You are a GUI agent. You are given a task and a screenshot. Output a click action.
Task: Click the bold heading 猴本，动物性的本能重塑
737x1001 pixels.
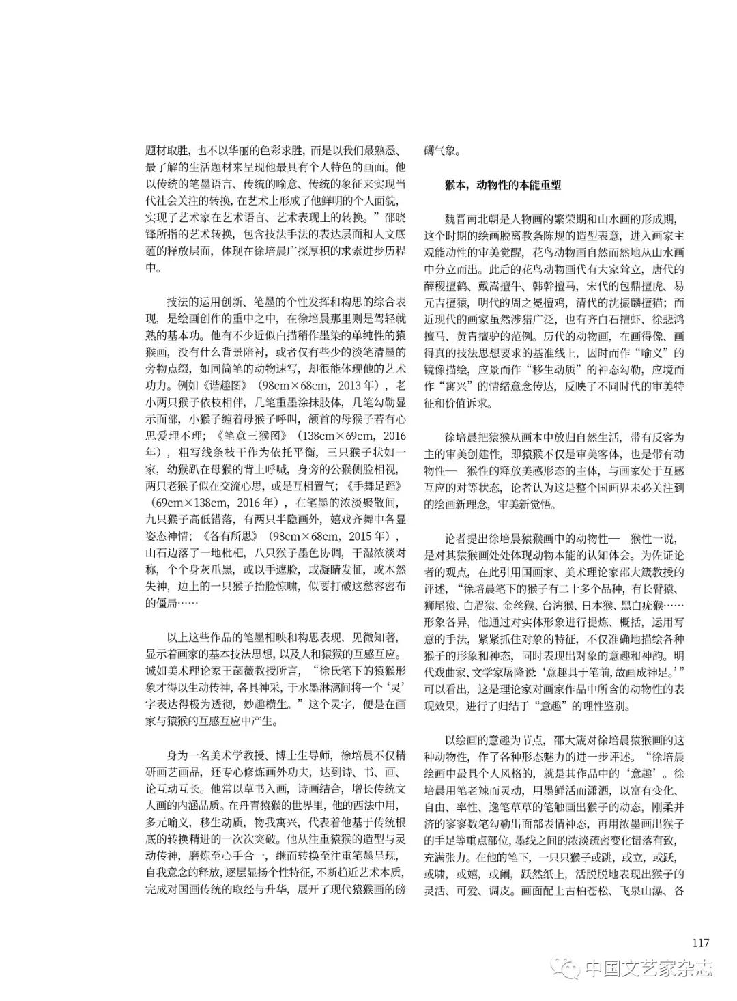coord(502,184)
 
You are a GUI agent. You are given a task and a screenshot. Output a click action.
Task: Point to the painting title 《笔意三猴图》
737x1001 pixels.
coord(254,435)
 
